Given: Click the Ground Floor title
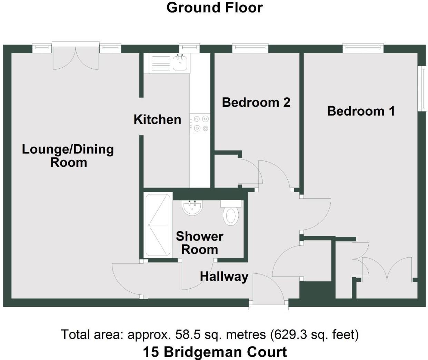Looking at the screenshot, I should [215, 8].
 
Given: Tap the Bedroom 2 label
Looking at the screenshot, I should [256, 103].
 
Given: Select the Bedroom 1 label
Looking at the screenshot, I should [361, 111].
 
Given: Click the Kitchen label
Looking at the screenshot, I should [157, 119].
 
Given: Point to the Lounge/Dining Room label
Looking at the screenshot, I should [68, 156].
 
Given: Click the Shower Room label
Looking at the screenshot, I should [200, 243].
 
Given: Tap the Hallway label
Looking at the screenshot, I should [224, 276].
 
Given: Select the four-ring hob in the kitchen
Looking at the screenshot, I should [201, 124].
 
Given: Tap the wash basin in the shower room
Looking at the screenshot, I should [192, 208].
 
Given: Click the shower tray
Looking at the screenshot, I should [158, 225].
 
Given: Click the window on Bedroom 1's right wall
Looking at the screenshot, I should [422, 89].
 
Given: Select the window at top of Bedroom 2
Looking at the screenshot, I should [250, 48].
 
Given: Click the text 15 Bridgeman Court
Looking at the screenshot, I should [215, 352].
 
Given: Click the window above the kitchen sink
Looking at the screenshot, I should [189, 48].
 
